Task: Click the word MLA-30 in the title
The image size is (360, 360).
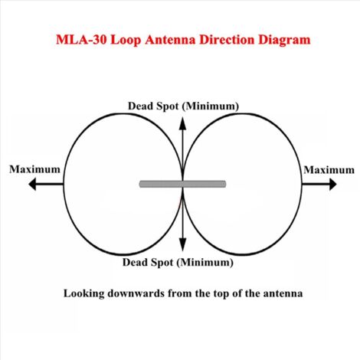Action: tap(81, 40)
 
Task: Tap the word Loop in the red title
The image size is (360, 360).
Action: tap(126, 41)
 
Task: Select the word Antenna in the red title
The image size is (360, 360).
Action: tap(170, 40)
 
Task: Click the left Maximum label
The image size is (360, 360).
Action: tap(34, 169)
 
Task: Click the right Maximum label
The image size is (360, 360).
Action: tap(329, 170)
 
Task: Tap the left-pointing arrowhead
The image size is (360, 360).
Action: tap(32, 184)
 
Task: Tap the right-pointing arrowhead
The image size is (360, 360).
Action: tap(332, 184)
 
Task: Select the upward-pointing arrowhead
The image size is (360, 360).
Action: tap(182, 123)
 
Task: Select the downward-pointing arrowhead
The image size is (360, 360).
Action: tap(182, 244)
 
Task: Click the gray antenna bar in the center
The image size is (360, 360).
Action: tap(182, 184)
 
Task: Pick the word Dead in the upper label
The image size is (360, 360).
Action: tap(140, 106)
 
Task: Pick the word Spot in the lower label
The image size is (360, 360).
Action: tap(162, 263)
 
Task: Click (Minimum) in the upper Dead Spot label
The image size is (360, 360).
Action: tap(211, 106)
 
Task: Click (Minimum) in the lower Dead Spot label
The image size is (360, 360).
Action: tap(205, 263)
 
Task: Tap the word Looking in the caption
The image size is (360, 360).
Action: tap(83, 293)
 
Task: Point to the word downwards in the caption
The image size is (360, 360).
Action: tap(136, 293)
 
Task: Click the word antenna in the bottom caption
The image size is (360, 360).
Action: tap(283, 293)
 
